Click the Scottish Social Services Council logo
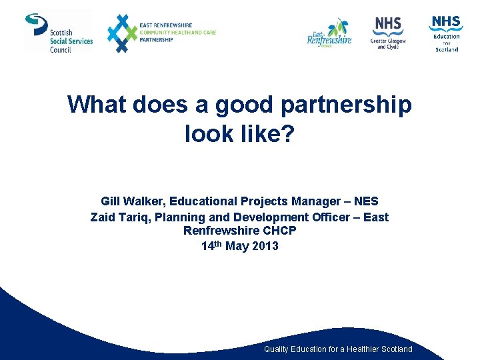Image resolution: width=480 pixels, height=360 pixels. click(x=59, y=32)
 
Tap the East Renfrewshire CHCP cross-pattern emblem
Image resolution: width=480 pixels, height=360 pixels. click(x=121, y=33)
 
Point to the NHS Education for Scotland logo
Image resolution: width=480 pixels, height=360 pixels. click(x=446, y=33)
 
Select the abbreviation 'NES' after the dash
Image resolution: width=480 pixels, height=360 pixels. click(x=366, y=201)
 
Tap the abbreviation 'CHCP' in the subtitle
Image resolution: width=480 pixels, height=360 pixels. click(x=280, y=231)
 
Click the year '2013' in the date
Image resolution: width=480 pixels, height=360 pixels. click(x=265, y=246)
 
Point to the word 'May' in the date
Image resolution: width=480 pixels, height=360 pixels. click(x=236, y=246)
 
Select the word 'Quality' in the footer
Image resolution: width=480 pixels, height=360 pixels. click(x=276, y=349)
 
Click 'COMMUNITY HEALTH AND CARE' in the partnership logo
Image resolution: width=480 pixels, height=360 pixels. click(x=178, y=33)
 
